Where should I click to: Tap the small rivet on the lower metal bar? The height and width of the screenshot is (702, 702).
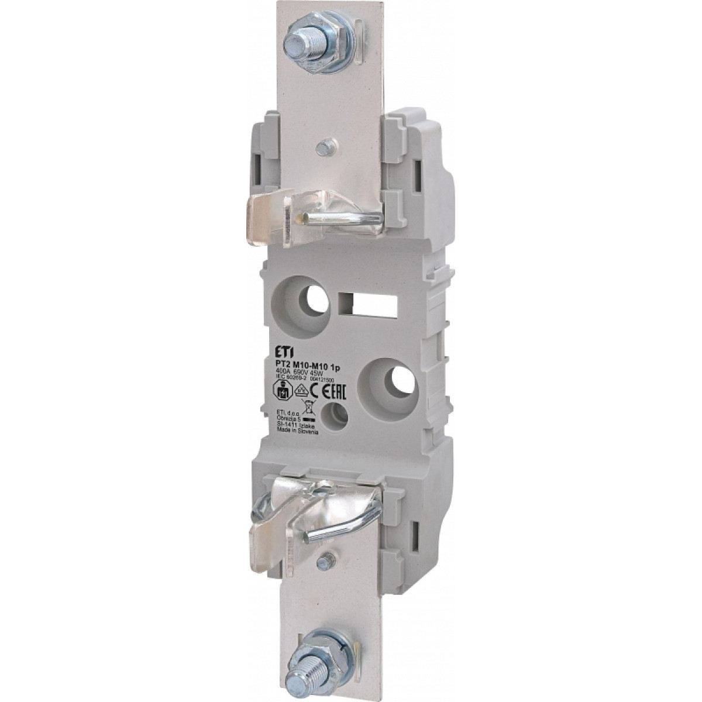tap(322, 562)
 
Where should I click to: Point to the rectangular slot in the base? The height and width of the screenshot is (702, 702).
tap(367, 304)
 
